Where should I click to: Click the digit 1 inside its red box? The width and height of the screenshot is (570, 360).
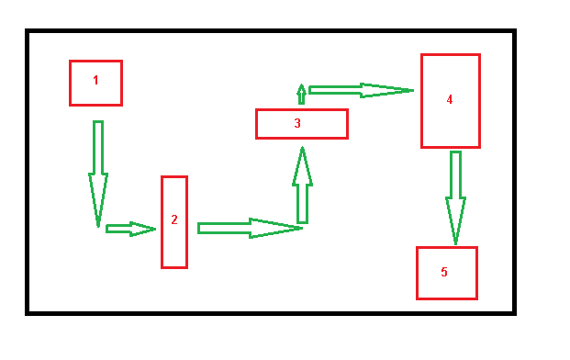coord(95,80)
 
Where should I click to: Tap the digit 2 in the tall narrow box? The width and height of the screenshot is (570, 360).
coord(173,219)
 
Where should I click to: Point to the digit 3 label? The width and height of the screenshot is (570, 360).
coord(297,122)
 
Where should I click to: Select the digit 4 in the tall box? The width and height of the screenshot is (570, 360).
coord(450,99)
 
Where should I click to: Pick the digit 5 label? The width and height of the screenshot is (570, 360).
coord(444,272)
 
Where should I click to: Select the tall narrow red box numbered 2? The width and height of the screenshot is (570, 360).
coord(174,248)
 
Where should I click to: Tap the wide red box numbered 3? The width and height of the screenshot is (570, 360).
coord(321,124)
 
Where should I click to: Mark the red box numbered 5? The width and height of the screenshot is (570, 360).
coord(459,285)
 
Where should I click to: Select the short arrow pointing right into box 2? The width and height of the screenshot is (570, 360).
coord(129,229)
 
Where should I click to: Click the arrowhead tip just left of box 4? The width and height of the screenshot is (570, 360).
coord(414,90)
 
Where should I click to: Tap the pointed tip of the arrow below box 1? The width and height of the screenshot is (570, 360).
coord(98,226)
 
